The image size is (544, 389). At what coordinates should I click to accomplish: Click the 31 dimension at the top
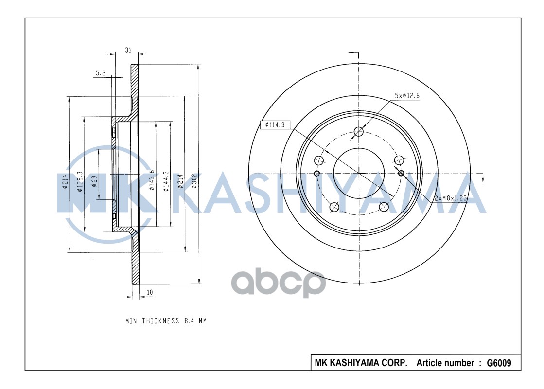(x=128, y=50)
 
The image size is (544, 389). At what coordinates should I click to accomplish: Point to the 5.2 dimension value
(x=100, y=73)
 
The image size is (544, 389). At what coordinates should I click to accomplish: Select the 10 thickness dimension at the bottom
(x=150, y=292)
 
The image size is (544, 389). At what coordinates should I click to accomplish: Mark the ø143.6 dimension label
(x=152, y=180)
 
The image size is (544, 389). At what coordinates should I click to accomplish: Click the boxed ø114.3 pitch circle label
(x=275, y=125)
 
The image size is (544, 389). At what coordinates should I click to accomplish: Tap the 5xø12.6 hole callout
(x=407, y=96)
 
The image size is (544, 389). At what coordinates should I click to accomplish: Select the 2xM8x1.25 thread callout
(x=450, y=197)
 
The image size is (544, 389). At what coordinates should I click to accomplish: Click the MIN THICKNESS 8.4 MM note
(x=166, y=321)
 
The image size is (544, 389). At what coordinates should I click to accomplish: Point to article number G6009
(x=499, y=363)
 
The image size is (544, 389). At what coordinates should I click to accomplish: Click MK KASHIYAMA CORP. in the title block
(x=361, y=363)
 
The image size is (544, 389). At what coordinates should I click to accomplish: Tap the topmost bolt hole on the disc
(x=359, y=131)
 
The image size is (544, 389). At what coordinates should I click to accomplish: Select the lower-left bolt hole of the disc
(x=334, y=208)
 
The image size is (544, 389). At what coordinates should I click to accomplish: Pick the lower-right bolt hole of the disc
(x=384, y=207)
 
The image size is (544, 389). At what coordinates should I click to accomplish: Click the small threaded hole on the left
(x=317, y=174)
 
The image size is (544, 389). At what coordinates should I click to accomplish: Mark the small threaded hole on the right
(x=401, y=173)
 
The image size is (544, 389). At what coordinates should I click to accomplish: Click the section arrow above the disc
(x=354, y=52)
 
